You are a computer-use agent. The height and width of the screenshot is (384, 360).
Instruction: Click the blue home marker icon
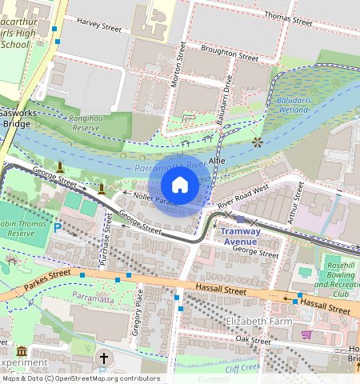click(180, 186)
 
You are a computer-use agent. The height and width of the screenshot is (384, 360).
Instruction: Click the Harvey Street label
click(99, 27)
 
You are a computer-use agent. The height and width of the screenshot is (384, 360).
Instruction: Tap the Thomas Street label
click(288, 16)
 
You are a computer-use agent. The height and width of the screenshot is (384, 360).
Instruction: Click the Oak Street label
click(254, 340)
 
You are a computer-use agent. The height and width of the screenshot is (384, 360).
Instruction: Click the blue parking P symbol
click(57, 228)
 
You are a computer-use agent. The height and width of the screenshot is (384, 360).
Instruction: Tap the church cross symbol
click(103, 358)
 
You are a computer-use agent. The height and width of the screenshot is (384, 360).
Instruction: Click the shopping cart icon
click(306, 334)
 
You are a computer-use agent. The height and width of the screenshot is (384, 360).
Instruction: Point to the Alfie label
click(217, 161)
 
